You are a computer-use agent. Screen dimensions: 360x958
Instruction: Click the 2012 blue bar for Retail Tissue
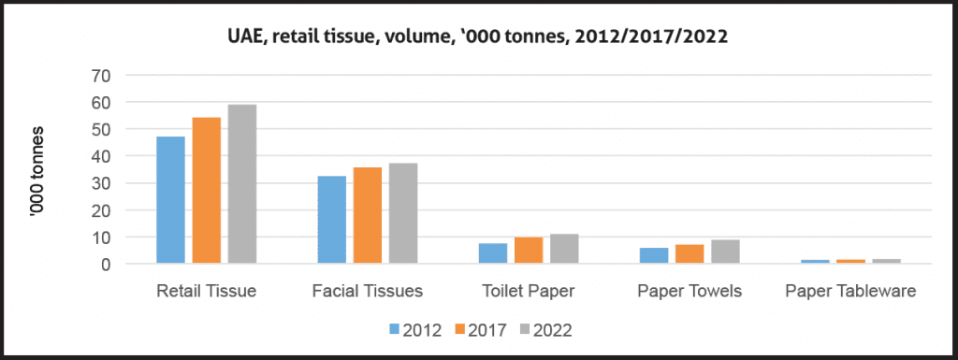170,200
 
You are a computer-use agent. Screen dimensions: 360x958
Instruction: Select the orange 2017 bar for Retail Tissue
207,191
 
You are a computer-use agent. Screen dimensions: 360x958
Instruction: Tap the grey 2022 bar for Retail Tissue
242,184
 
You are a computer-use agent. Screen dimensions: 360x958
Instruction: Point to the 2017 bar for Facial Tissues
368,215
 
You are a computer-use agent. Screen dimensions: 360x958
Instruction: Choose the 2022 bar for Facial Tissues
403,213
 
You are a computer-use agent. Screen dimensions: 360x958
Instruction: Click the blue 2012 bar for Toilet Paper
493,253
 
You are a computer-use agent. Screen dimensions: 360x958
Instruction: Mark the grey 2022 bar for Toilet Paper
565,249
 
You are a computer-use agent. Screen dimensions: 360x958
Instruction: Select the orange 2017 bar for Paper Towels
690,254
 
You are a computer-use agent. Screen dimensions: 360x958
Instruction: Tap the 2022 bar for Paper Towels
726,252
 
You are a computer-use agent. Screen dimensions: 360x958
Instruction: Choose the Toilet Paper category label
529,292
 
